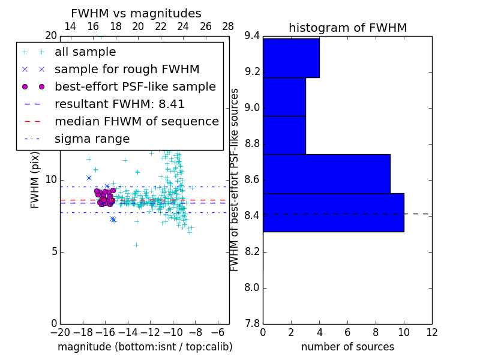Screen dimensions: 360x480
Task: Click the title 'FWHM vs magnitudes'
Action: pyautogui.click(x=136, y=14)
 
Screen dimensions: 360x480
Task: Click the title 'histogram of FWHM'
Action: pyautogui.click(x=347, y=28)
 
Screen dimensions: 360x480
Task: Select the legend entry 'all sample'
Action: pyautogui.click(x=85, y=52)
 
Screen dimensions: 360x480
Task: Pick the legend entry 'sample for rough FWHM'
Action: pyautogui.click(x=127, y=70)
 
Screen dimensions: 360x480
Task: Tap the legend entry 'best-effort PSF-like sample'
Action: pyautogui.click(x=135, y=87)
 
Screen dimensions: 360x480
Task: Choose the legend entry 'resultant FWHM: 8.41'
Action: pyautogui.click(x=119, y=104)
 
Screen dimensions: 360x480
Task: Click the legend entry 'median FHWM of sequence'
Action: pyautogui.click(x=136, y=122)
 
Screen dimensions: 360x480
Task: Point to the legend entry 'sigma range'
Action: pyautogui.click(x=92, y=139)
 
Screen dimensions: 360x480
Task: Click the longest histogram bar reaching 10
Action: pyautogui.click(x=333, y=212)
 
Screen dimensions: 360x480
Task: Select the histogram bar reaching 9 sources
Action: pyautogui.click(x=326, y=174)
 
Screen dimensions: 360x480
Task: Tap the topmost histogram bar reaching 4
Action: pyautogui.click(x=291, y=58)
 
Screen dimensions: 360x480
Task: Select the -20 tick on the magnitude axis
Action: pyautogui.click(x=60, y=332)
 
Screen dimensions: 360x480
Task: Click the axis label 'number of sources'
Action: pyautogui.click(x=347, y=347)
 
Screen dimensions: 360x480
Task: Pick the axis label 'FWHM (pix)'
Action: pyautogui.click(x=35, y=180)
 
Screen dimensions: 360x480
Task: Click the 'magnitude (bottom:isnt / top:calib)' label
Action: pyautogui.click(x=145, y=347)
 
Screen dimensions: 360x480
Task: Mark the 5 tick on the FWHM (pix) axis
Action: pyautogui.click(x=53, y=252)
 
